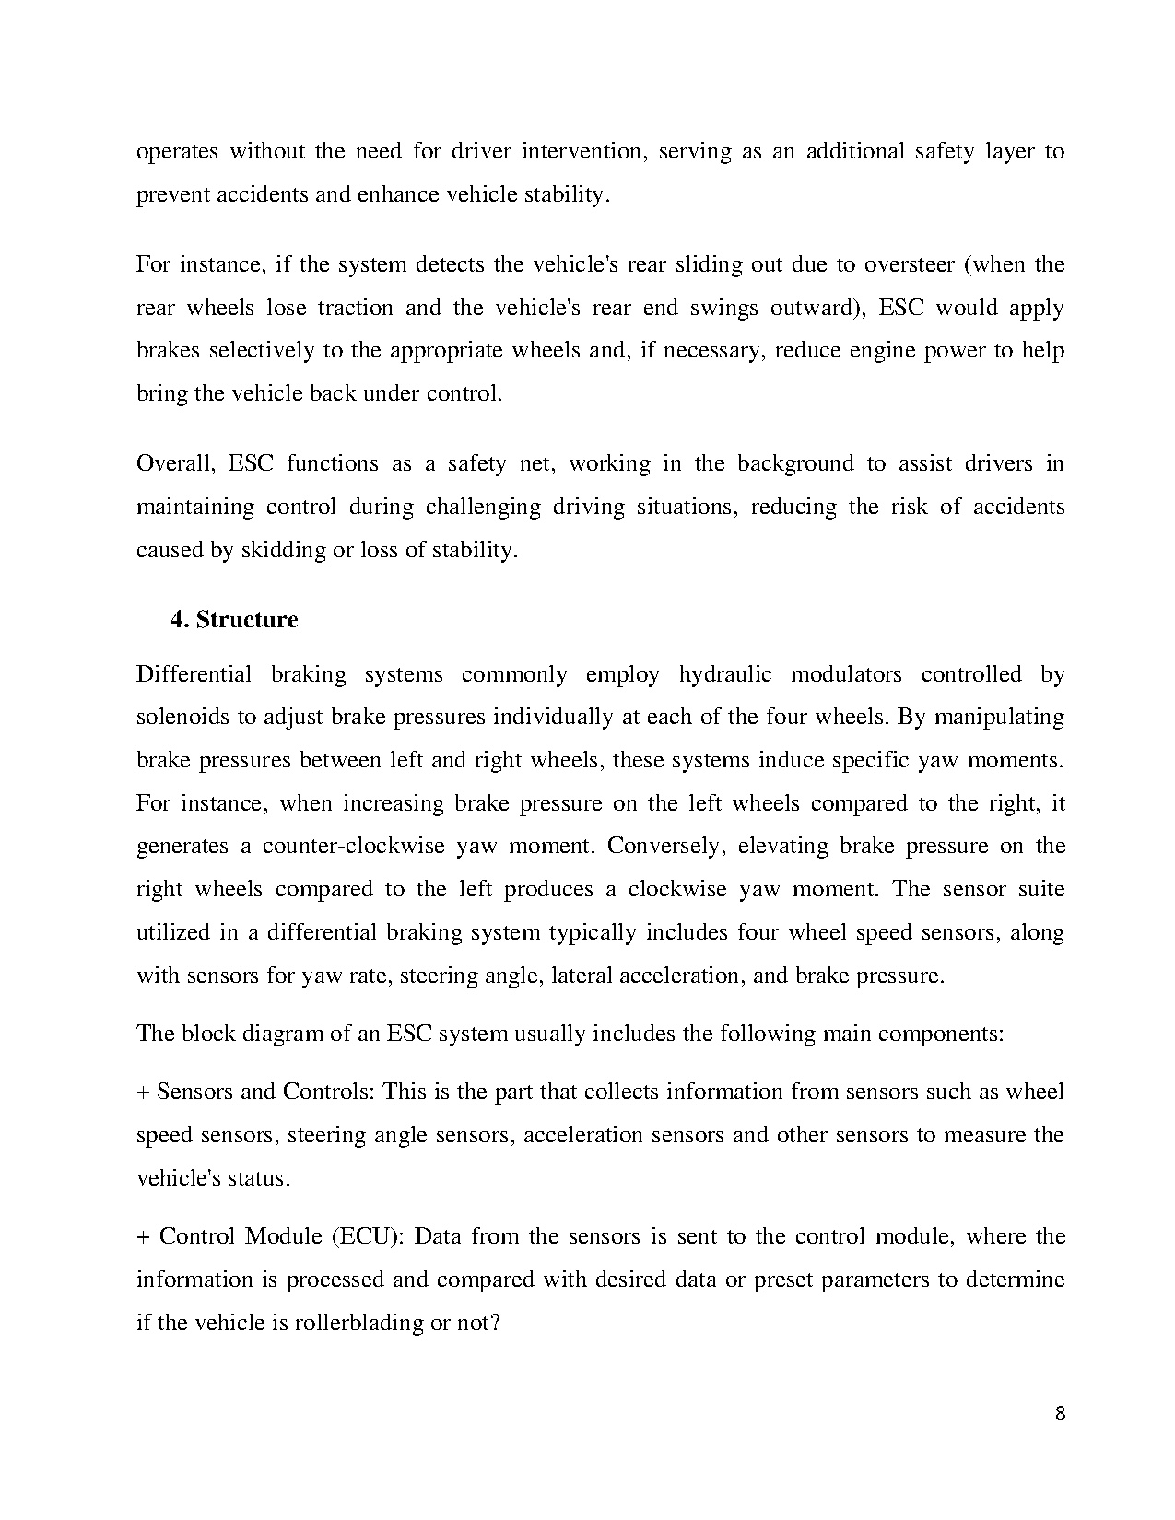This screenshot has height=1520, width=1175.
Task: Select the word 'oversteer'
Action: [x=909, y=265]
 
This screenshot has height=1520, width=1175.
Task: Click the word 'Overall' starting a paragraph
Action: [x=175, y=463]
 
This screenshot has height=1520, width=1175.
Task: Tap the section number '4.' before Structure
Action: [x=180, y=620]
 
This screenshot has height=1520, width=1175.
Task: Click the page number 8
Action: [x=1060, y=1414]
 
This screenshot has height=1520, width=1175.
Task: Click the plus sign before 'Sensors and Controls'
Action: [x=143, y=1093]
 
